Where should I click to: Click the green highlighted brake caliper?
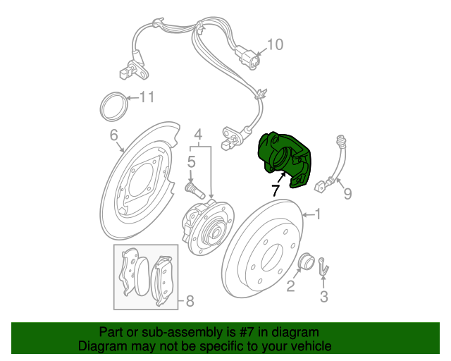coord(283,159)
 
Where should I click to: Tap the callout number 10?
coord(275,44)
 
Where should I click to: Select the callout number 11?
coord(147,97)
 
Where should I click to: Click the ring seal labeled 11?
coord(114,106)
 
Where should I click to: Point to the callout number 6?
coord(114,135)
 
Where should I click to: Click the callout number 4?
coord(198,135)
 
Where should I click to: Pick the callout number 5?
coord(191,161)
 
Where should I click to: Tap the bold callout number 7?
coord(276,190)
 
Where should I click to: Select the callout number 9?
coord(347,194)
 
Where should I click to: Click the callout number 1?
coord(318,214)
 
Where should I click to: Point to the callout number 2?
coord(290,286)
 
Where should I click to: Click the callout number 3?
coord(324,297)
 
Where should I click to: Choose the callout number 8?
coord(190,301)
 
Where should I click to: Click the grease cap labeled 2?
coord(306,261)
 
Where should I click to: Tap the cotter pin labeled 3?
coord(323,266)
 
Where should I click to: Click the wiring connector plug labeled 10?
coord(248,57)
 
